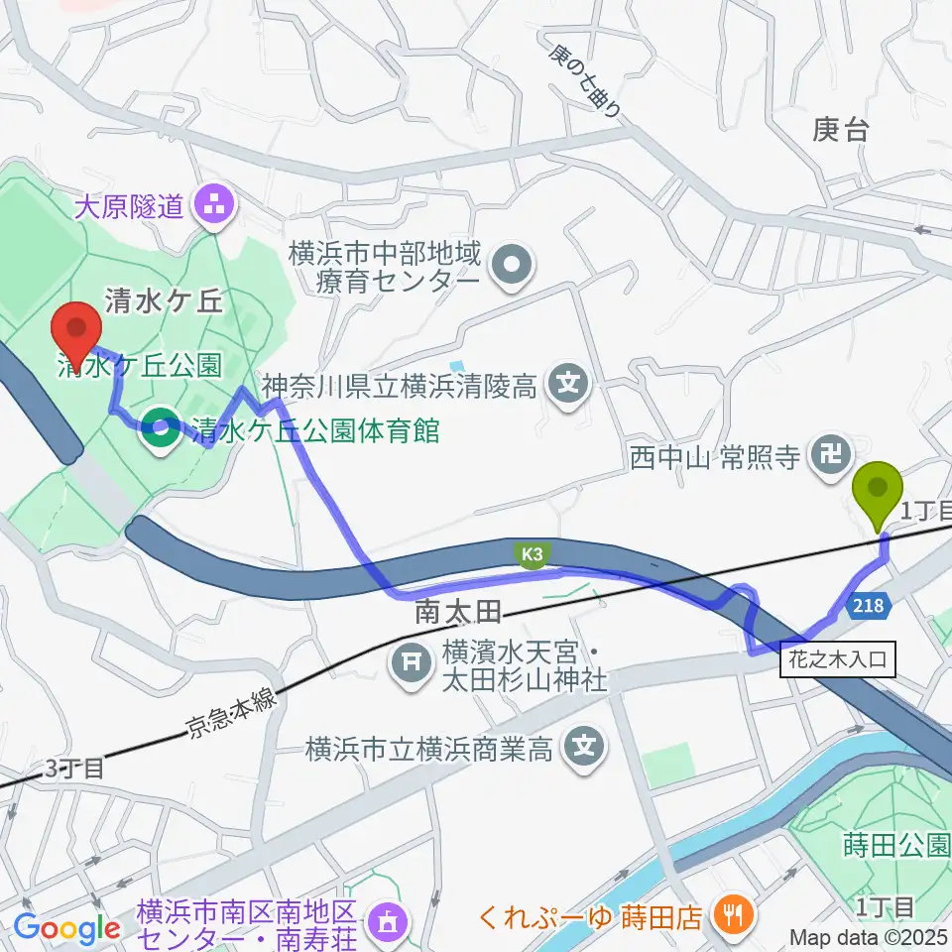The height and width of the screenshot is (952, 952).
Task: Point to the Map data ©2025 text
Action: point(869,936)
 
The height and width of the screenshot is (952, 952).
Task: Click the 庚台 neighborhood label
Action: point(840,129)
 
